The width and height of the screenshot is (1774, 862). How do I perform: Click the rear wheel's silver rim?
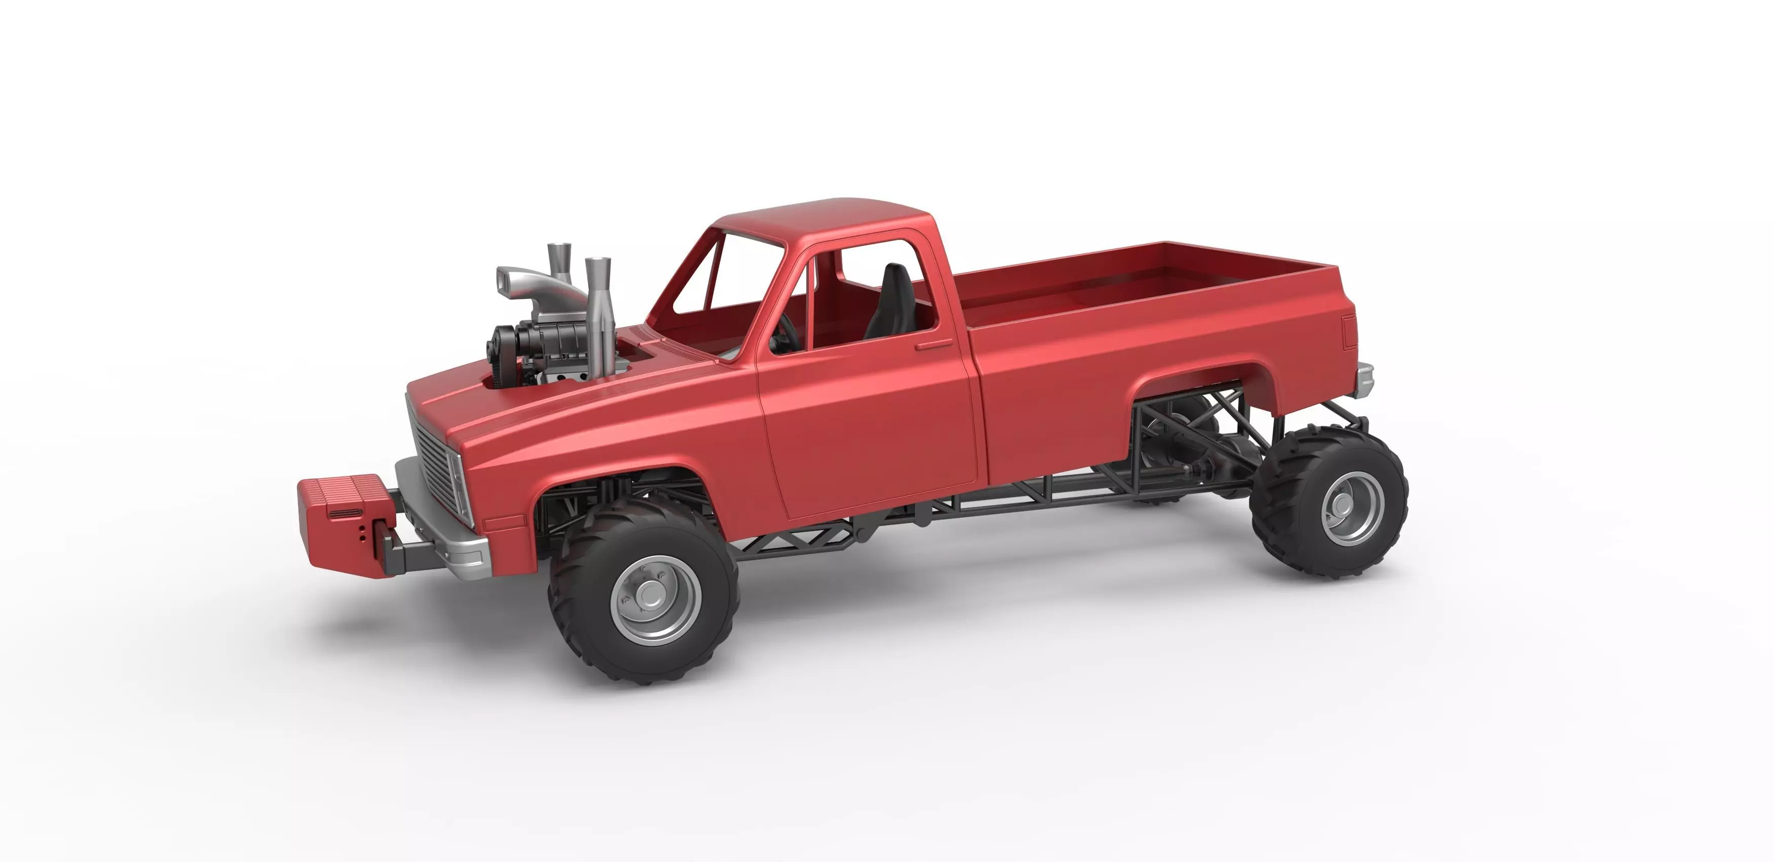(x=1351, y=508)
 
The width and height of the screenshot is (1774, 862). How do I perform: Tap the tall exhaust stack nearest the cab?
(x=598, y=317)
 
